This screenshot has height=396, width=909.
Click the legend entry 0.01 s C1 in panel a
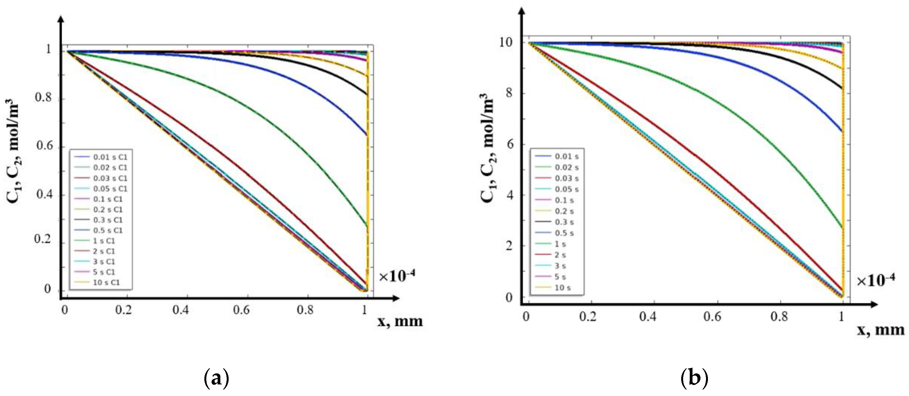point(110,157)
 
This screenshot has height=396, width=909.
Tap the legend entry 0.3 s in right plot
point(564,222)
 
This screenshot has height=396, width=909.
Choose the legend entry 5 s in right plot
point(560,277)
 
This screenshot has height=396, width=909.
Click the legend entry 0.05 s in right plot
point(566,189)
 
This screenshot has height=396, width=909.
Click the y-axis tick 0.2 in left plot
point(42,239)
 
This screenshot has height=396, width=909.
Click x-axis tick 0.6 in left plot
point(241,310)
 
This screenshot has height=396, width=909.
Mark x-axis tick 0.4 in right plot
point(648,317)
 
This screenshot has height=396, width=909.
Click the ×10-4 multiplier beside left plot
point(397,276)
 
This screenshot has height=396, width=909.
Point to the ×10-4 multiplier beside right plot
point(875,280)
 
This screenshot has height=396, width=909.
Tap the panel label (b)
point(694,378)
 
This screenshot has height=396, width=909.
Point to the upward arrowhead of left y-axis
point(61,19)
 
